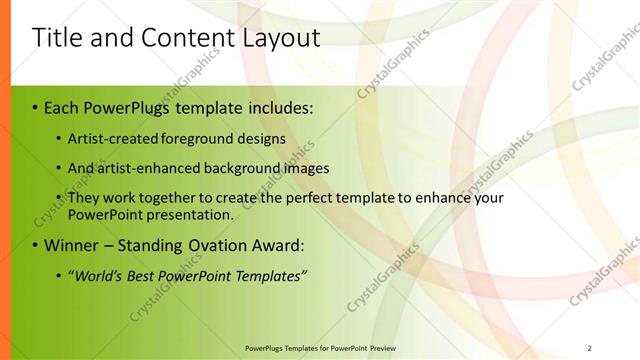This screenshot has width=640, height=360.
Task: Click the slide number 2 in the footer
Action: pyautogui.click(x=590, y=347)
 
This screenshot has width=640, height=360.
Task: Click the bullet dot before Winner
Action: pyautogui.click(x=35, y=246)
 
